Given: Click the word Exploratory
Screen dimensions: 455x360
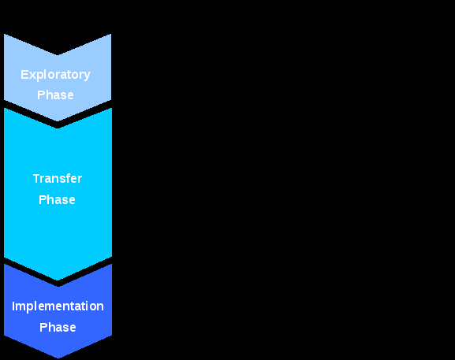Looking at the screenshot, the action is (55, 75).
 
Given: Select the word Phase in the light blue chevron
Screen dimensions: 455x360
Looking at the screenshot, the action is (55, 95).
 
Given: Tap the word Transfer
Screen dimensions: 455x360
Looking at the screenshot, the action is (58, 179).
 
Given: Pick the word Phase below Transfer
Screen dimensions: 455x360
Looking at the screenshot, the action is (57, 200).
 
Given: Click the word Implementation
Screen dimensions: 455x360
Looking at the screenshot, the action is (58, 306).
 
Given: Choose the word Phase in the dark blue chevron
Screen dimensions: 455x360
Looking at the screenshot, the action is (58, 327).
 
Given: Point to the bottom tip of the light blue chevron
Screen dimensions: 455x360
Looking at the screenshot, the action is (58, 121).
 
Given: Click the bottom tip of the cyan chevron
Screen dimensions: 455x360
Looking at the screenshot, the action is (58, 280).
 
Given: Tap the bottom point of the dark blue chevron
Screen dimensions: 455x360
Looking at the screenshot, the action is (58, 358).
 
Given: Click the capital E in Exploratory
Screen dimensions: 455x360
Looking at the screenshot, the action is (24, 75).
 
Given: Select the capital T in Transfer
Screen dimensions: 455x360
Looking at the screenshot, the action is (37, 179).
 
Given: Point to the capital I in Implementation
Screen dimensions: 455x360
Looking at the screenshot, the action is (13, 306).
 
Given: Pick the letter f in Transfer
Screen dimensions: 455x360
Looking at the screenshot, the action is (67, 178).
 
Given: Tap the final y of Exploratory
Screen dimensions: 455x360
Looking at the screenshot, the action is (87, 76).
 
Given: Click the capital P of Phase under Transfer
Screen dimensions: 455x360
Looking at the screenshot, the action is (43, 200).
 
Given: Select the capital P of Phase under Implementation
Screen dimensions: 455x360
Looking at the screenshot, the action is (43, 327).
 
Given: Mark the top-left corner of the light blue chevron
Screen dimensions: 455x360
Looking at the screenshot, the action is (4, 34).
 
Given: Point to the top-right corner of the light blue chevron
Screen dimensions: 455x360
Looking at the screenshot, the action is (111, 34).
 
